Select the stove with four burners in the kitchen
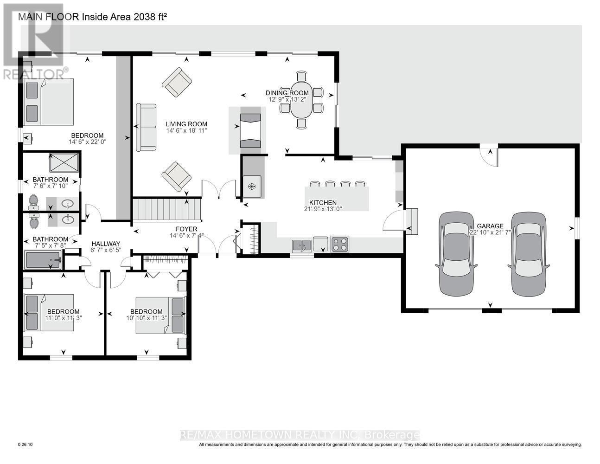pos(340,244)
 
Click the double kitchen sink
pos(302,245)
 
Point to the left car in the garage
pos(456,254)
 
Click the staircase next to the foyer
pos(167,210)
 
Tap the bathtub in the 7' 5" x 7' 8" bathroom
pos(43,260)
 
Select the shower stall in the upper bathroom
pos(64,162)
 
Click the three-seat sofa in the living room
pos(146,127)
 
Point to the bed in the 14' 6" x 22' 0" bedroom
pos(49,102)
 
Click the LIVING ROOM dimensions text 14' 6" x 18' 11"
pos(186,131)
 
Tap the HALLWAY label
pos(106,244)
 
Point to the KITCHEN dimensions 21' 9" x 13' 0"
pos(323,209)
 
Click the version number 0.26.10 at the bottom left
pos(26,445)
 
